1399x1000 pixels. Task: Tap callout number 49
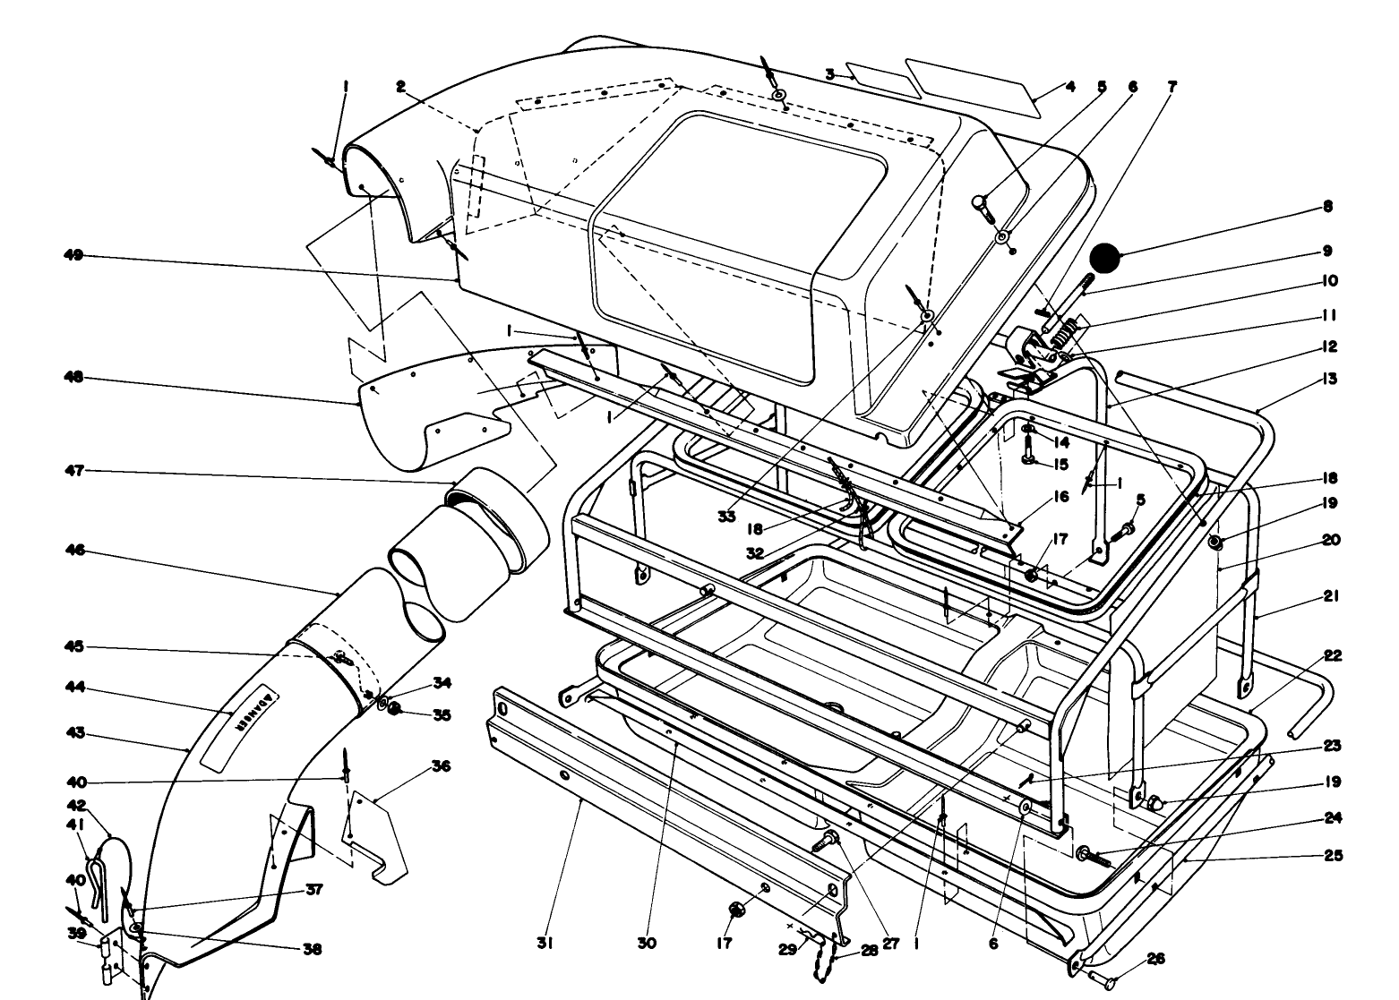74,256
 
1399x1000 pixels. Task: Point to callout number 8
1326,207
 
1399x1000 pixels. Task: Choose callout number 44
74,688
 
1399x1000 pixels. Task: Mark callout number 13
1328,380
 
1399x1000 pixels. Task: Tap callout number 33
725,517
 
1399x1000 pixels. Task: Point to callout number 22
1332,656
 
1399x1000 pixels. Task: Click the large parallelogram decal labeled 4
972,86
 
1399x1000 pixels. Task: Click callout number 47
74,470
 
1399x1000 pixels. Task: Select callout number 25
1333,856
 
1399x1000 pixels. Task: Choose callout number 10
1328,281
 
